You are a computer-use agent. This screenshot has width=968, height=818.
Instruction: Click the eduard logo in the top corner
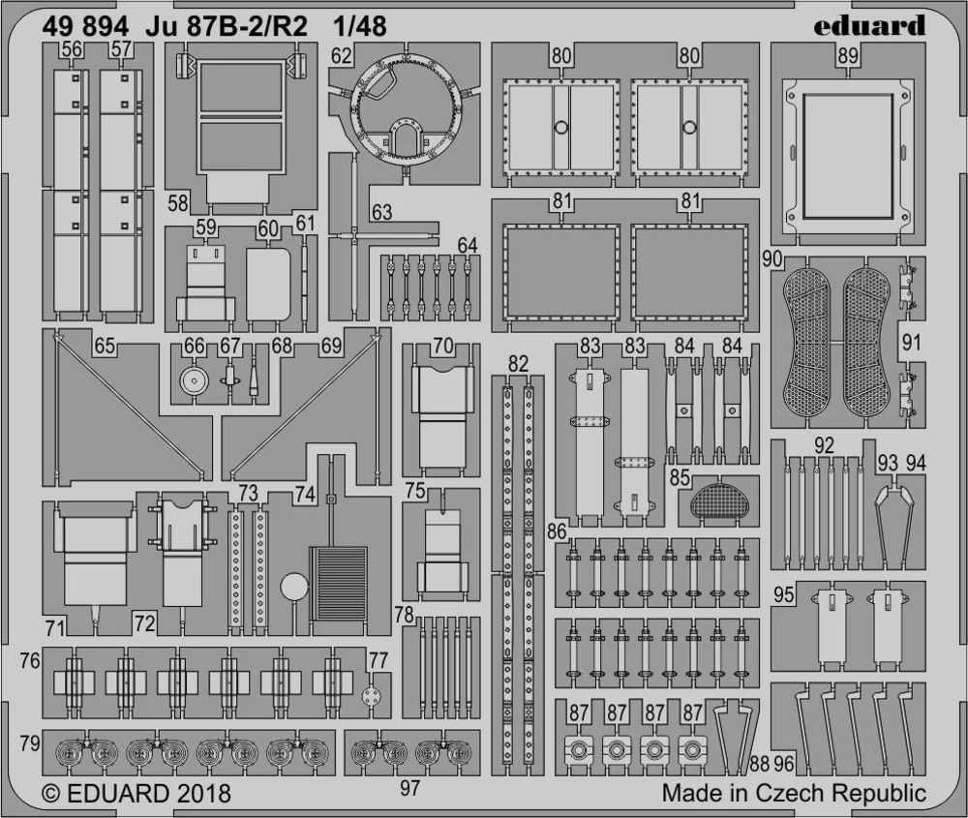pyautogui.click(x=869, y=26)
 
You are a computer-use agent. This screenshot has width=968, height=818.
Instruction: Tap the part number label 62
pyautogui.click(x=341, y=56)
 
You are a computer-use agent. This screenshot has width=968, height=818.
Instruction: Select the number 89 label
pyautogui.click(x=848, y=56)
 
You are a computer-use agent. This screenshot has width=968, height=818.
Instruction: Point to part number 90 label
pyautogui.click(x=772, y=258)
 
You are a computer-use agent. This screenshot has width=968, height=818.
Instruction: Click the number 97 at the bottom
pyautogui.click(x=409, y=788)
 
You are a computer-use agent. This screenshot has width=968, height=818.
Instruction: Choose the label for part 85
pyautogui.click(x=680, y=477)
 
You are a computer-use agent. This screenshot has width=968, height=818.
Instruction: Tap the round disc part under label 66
pyautogui.click(x=194, y=382)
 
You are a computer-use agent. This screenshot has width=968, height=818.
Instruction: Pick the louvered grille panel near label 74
pyautogui.click(x=338, y=584)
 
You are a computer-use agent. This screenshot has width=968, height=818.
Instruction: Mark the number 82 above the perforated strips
pyautogui.click(x=518, y=364)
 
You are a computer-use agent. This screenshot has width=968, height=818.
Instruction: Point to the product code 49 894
pyautogui.click(x=86, y=26)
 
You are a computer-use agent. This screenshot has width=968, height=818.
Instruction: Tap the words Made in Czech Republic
pyautogui.click(x=794, y=793)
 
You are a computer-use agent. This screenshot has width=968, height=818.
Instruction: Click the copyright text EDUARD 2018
pyautogui.click(x=137, y=793)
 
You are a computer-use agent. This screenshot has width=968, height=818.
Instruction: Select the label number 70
pyautogui.click(x=443, y=346)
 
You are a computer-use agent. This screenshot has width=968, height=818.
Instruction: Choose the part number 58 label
pyautogui.click(x=178, y=203)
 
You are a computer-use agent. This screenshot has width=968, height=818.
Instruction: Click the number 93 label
pyautogui.click(x=887, y=463)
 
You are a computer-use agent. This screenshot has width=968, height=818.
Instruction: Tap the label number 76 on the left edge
pyautogui.click(x=30, y=660)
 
